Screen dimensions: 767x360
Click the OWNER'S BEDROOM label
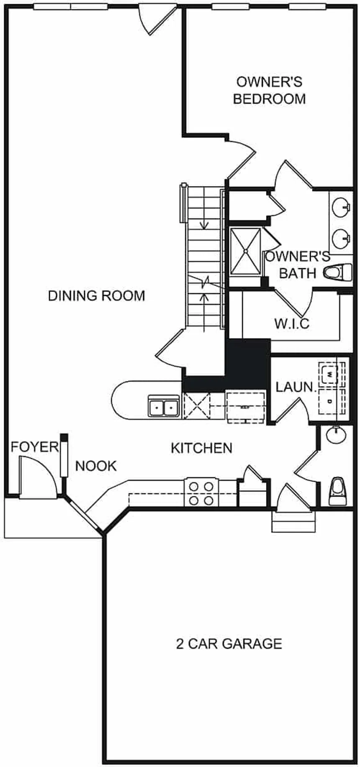click(269, 90)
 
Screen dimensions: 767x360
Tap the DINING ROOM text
click(96, 296)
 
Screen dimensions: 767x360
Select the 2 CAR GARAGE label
click(229, 643)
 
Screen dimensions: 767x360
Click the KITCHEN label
click(201, 448)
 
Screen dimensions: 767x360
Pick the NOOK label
click(96, 466)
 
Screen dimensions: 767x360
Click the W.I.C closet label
click(292, 323)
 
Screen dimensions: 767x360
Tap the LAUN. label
click(295, 387)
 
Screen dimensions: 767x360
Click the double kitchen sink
click(164, 406)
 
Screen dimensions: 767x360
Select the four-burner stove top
click(202, 493)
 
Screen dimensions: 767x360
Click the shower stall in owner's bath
click(245, 251)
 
